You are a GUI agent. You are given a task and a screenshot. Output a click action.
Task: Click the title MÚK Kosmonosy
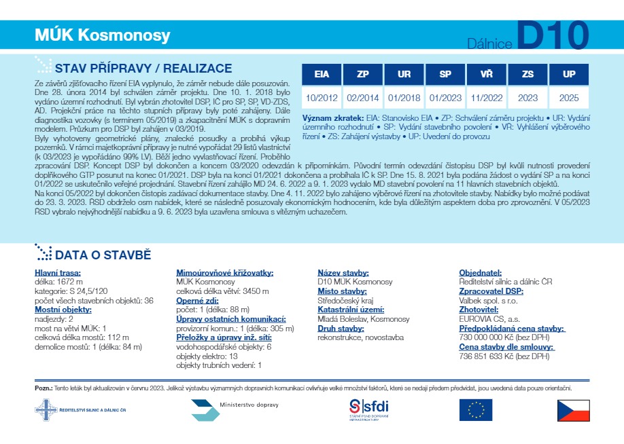tap(102, 35)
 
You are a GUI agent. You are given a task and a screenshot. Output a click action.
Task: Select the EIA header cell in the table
tap(322, 75)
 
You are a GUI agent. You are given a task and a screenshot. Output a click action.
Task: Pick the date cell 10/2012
tap(322, 98)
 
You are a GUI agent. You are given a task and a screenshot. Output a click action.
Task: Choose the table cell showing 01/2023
tap(445, 98)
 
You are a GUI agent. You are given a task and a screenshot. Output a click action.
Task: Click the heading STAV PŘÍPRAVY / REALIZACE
tap(143, 69)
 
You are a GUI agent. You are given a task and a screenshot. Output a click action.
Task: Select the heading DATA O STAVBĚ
tap(103, 255)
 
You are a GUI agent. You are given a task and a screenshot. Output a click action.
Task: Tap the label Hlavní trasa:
tap(58, 273)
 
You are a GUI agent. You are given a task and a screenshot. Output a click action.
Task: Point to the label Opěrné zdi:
tap(196, 299)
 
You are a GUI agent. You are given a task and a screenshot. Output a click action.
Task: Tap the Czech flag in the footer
tap(572, 410)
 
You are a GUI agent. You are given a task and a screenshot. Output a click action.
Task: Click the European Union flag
tap(475, 410)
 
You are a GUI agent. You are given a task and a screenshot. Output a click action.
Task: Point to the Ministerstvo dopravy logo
tap(235, 410)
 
